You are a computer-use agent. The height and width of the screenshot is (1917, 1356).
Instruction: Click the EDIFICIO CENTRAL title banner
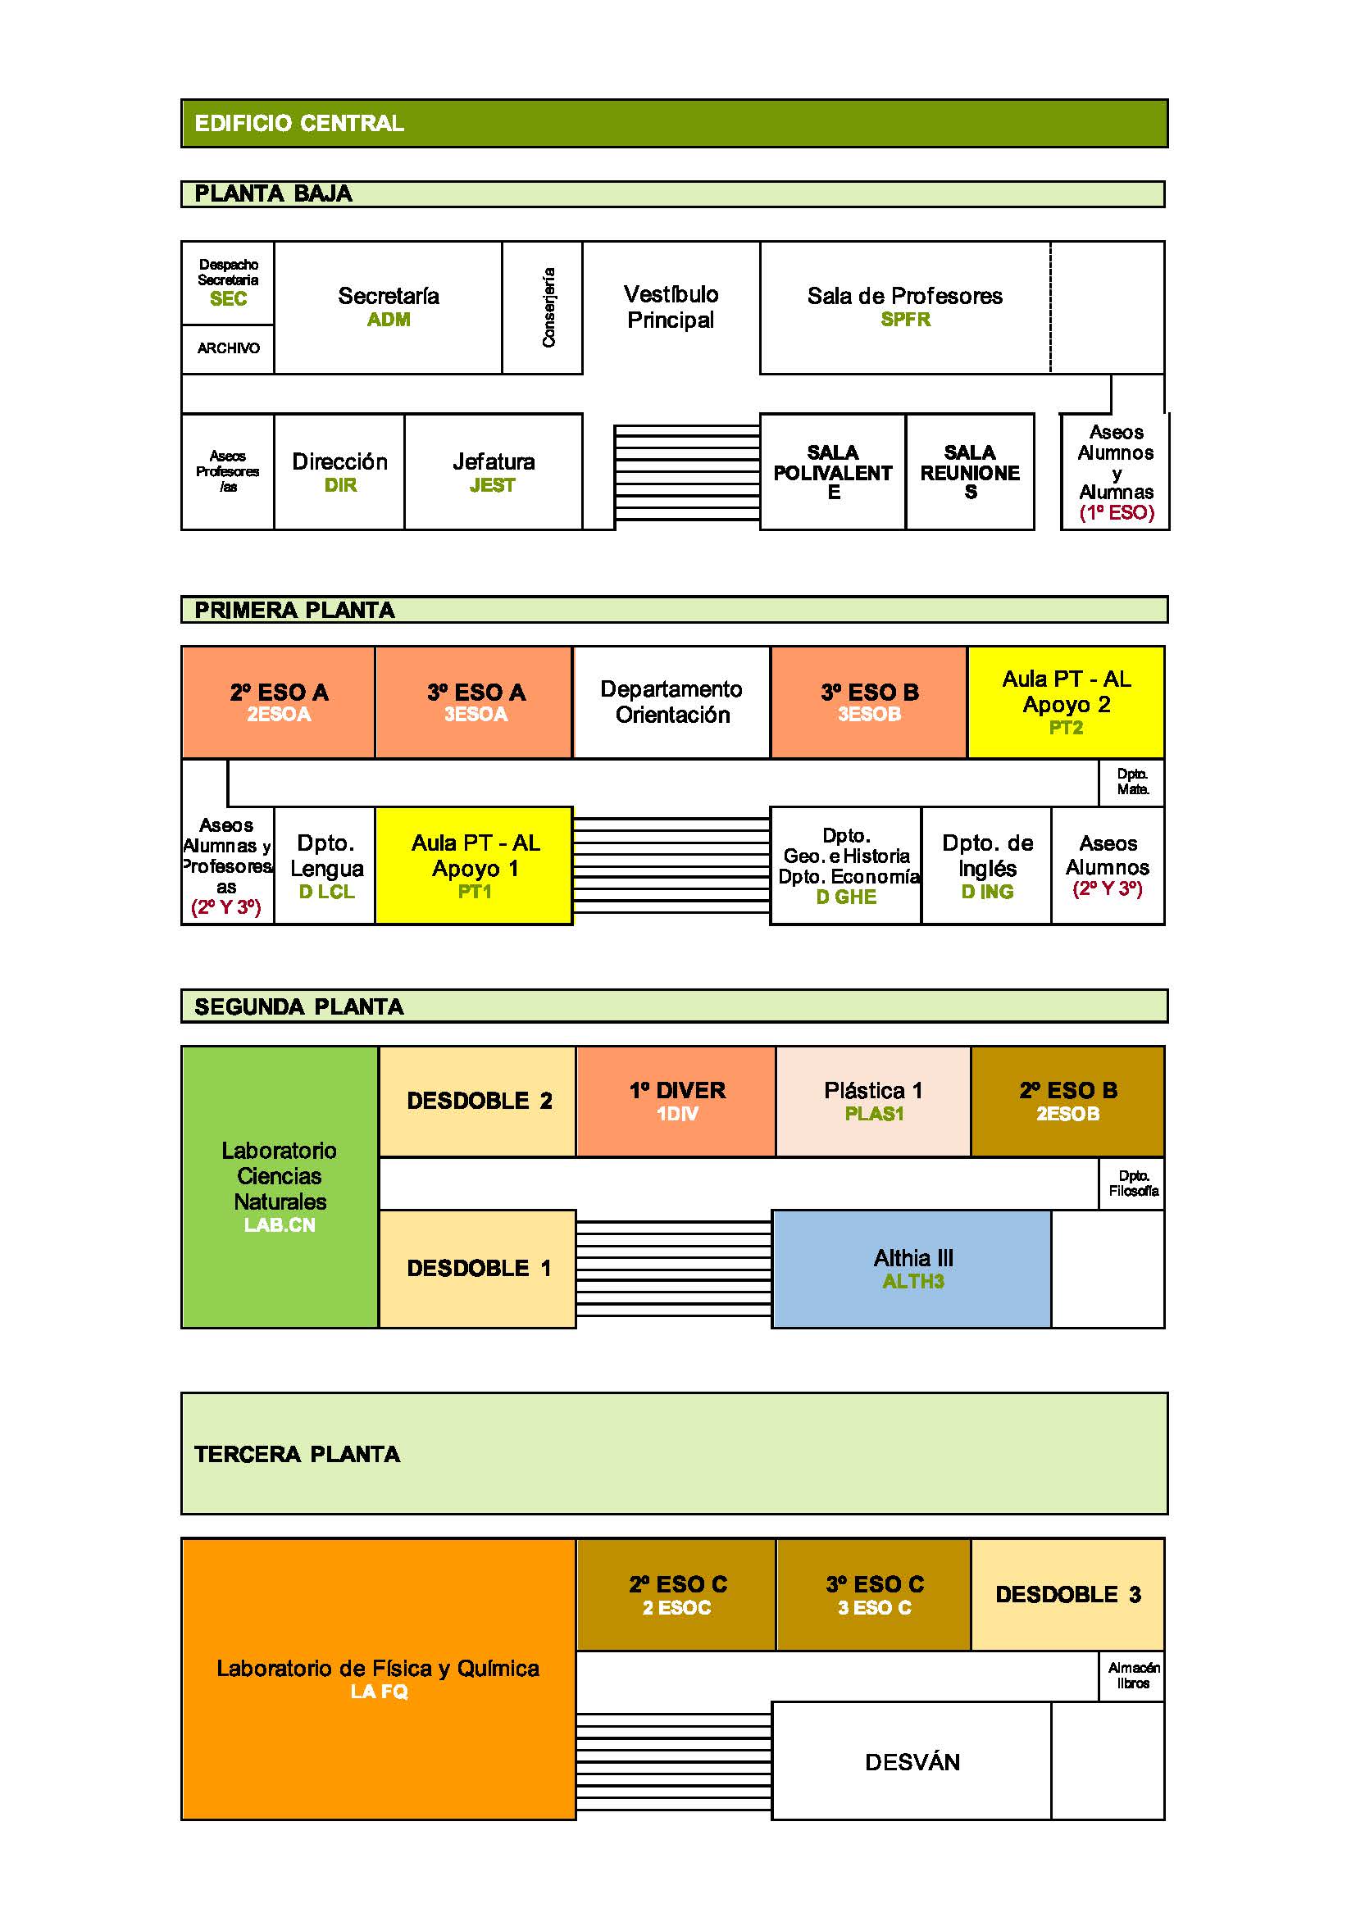pyautogui.click(x=673, y=124)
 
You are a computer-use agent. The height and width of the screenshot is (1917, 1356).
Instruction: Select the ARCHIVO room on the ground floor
pyautogui.click(x=228, y=348)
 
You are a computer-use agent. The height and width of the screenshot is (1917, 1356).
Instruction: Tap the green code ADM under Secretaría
pyautogui.click(x=389, y=320)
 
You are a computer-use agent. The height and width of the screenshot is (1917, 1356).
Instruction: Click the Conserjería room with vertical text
pyautogui.click(x=543, y=307)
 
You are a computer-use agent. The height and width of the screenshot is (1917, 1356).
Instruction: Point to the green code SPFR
pyautogui.click(x=905, y=320)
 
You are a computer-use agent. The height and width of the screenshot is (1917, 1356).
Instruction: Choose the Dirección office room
pyautogui.click(x=339, y=472)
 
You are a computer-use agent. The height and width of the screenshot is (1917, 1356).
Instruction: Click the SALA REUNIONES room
pyautogui.click(x=969, y=472)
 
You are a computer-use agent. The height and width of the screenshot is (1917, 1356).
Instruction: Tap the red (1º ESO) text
pyautogui.click(x=1117, y=512)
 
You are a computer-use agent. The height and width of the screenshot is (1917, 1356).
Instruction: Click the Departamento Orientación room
pyautogui.click(x=671, y=702)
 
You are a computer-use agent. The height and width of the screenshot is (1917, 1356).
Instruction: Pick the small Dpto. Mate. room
pyautogui.click(x=1132, y=783)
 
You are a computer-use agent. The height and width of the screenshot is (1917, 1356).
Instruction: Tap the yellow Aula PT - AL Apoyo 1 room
pyautogui.click(x=474, y=865)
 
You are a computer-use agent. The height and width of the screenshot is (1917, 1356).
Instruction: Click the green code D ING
pyautogui.click(x=987, y=892)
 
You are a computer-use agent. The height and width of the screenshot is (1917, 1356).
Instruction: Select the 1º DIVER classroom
pyautogui.click(x=676, y=1101)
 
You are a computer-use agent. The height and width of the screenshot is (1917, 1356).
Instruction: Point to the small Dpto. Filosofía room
pyautogui.click(x=1132, y=1183)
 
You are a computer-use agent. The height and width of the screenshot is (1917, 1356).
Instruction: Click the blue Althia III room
pyautogui.click(x=912, y=1268)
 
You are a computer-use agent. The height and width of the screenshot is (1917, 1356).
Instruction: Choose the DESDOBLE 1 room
pyautogui.click(x=478, y=1268)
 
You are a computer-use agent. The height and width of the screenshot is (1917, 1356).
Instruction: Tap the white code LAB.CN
pyautogui.click(x=280, y=1224)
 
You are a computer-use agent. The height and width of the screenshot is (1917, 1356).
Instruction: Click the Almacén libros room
pyautogui.click(x=1132, y=1675)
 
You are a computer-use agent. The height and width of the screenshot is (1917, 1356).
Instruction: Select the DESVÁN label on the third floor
pyautogui.click(x=912, y=1762)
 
